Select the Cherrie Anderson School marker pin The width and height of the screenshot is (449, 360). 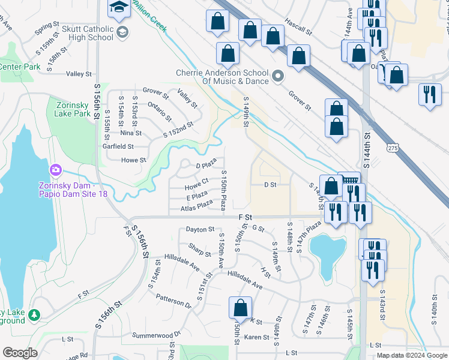pyautogui.click(x=277, y=77)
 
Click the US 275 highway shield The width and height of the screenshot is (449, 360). pyautogui.click(x=393, y=148)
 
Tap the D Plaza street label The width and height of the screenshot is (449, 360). pyautogui.click(x=206, y=165)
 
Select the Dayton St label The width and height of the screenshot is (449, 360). pyautogui.click(x=200, y=229)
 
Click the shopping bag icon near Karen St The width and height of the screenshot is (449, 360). pyautogui.click(x=240, y=308)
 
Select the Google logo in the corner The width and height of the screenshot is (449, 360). pyautogui.click(x=20, y=353)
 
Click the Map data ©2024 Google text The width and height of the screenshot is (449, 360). pyautogui.click(x=411, y=355)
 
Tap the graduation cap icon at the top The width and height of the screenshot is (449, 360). pyautogui.click(x=117, y=7)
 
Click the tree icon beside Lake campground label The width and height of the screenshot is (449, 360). pyautogui.click(x=34, y=314)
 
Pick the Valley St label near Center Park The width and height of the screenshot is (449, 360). pyautogui.click(x=79, y=74)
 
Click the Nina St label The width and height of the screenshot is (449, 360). pyautogui.click(x=130, y=133)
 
